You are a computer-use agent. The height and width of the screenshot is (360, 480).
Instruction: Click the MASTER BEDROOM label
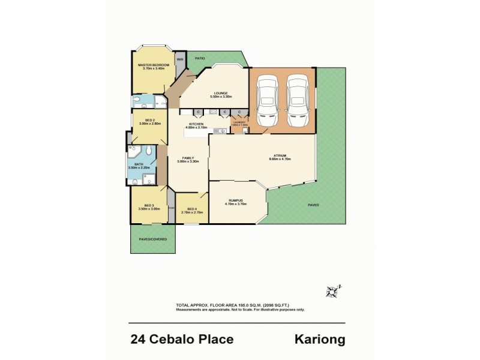(154, 65)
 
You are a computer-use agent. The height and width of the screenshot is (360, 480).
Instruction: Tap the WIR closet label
(179, 59)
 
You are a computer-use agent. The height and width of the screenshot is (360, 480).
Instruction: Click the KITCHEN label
(196, 123)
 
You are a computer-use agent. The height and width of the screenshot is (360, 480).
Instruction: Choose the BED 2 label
(151, 119)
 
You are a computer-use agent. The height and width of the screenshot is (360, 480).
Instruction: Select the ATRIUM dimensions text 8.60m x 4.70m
(280, 159)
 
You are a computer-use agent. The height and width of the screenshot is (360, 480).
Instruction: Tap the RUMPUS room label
(235, 200)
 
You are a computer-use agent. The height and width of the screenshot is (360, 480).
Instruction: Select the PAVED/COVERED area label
(153, 239)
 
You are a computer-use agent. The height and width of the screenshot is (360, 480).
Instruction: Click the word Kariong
(320, 340)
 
